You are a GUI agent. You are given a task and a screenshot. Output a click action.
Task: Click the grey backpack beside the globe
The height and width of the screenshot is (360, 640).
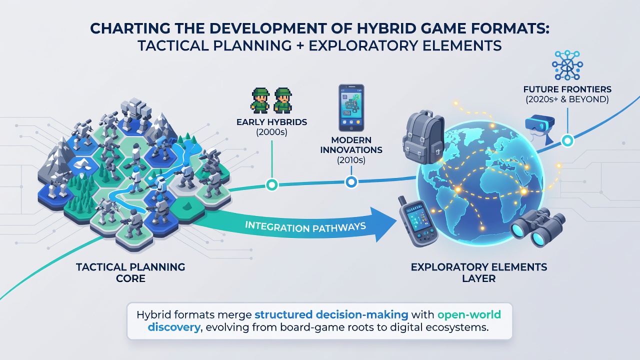click(x=423, y=136)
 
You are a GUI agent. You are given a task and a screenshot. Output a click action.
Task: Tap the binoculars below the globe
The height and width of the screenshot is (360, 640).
click(x=537, y=227)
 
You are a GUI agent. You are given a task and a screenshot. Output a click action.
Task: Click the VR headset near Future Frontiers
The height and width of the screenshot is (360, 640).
click(x=539, y=129)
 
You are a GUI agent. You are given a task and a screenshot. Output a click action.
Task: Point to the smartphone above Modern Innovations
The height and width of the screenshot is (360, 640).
click(x=351, y=107)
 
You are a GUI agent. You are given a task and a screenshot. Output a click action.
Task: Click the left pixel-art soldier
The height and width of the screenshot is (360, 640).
click(x=260, y=100)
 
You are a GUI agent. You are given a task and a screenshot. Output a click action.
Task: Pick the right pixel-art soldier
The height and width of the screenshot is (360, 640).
click(x=282, y=100)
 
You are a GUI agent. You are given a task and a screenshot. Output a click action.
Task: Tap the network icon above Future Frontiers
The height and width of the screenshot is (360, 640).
click(x=567, y=65)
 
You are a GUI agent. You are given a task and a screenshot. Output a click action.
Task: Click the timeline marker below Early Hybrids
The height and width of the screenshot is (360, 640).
click(x=271, y=185)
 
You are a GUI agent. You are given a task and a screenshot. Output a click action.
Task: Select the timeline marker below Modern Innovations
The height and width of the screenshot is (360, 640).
click(x=351, y=181)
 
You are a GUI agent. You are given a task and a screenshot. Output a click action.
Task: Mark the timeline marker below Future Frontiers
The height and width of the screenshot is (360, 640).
click(x=567, y=141)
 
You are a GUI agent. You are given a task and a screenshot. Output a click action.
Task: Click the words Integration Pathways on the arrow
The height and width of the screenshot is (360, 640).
click(x=305, y=227)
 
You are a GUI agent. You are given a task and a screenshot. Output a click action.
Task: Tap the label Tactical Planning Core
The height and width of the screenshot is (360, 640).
click(x=130, y=272)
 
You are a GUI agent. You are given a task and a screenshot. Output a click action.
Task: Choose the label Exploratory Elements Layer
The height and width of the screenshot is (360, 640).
click(x=479, y=272)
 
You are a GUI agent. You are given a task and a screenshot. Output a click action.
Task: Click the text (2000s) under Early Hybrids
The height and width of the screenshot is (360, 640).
click(x=271, y=132)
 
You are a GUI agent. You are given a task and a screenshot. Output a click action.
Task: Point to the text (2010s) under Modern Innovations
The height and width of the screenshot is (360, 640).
click(x=351, y=160)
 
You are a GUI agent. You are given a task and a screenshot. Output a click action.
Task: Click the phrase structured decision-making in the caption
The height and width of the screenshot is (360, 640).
click(x=331, y=314)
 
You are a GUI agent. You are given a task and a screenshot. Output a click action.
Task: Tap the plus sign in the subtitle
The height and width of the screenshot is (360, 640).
click(x=300, y=45)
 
